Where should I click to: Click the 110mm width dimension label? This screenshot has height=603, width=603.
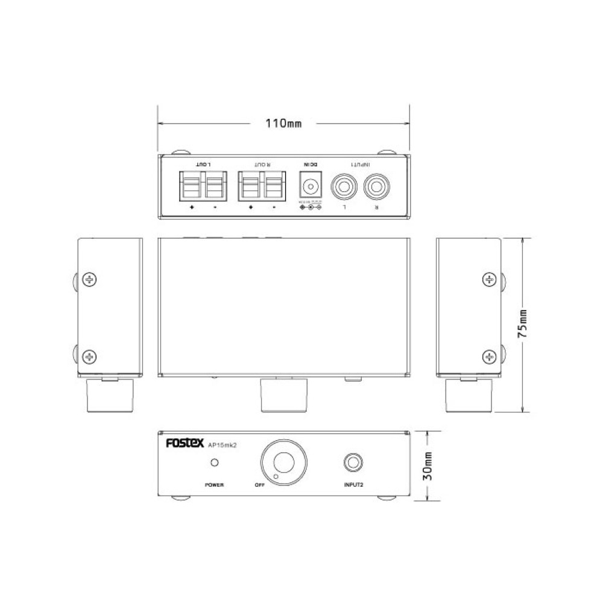tap(283, 124)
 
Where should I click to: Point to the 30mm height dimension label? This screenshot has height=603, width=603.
tap(427, 465)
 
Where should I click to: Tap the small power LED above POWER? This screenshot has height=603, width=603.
tap(213, 463)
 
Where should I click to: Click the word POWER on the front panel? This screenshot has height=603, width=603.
tap(213, 485)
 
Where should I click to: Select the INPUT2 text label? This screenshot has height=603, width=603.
tap(353, 485)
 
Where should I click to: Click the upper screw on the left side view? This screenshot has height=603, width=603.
tap(90, 279)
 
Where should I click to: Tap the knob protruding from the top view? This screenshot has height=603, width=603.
tap(283, 395)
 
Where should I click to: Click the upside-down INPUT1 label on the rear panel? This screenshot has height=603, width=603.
tap(361, 165)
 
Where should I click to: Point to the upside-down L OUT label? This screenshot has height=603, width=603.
tap(204, 165)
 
